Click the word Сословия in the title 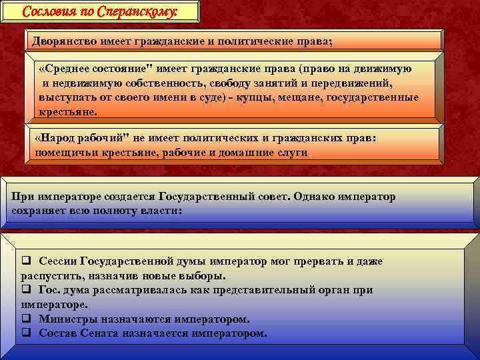click(48, 12)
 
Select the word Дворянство click(64, 41)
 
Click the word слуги click(293, 152)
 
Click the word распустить click(51, 276)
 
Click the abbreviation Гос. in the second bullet click(51, 290)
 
